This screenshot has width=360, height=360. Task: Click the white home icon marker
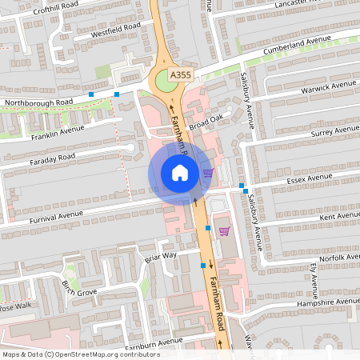pos(179,173)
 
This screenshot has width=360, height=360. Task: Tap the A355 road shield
pos(181,75)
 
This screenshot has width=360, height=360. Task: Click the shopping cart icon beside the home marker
pos(208,172)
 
